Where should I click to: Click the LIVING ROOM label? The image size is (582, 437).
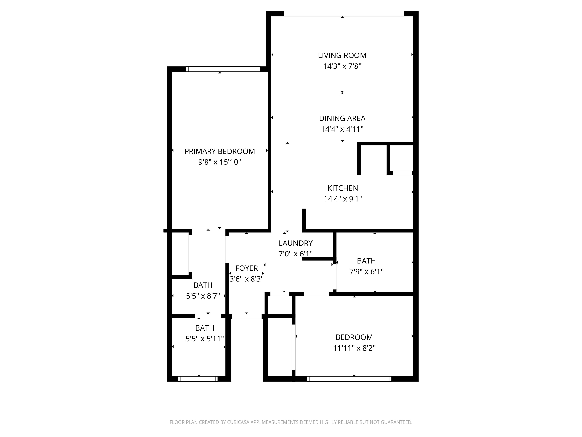point(342,55)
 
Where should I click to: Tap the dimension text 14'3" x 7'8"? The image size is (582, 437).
point(342,66)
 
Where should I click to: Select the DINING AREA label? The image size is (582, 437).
point(342,118)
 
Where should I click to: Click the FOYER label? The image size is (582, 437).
point(246,268)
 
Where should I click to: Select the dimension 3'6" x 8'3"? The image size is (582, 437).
point(246,279)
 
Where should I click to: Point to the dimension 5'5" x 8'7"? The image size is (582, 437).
point(203,296)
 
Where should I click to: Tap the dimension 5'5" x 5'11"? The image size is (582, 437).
point(205,339)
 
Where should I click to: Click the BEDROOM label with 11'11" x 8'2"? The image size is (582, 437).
point(354,337)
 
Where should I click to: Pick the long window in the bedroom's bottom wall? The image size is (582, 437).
point(349,379)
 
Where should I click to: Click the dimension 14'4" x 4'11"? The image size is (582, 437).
point(342,129)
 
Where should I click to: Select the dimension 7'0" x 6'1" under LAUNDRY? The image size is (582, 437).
point(296,254)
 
